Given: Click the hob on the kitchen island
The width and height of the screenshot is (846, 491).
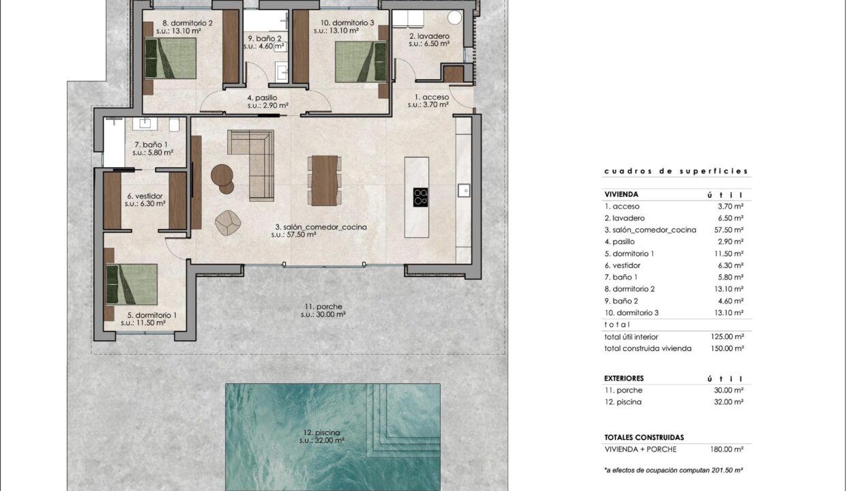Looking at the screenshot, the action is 420,197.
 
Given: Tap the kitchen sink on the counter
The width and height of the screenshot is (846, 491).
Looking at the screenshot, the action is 464,190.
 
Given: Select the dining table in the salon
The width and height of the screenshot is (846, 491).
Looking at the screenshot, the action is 325,181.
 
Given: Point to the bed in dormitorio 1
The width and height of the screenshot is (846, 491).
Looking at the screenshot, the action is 132,284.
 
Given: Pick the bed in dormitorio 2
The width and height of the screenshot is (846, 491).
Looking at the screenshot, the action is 171,58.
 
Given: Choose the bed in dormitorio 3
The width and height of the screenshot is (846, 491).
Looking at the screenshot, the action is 361,61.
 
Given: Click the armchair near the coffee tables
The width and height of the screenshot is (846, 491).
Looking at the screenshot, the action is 228,223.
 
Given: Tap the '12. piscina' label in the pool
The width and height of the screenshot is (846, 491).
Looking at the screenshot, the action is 322,432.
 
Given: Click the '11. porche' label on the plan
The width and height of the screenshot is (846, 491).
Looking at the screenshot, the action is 323,306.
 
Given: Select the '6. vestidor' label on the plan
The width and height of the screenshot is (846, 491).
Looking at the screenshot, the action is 145,196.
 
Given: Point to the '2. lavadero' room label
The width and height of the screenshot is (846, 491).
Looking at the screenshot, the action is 429,36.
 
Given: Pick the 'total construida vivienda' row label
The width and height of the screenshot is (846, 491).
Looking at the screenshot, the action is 647,348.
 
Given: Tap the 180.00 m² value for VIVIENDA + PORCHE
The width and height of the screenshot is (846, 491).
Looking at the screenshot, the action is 727,449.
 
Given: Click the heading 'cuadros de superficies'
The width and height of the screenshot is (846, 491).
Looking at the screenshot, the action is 676,171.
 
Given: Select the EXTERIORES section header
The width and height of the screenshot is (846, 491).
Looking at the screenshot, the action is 624,378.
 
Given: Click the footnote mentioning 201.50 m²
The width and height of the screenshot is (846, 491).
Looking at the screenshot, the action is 674,471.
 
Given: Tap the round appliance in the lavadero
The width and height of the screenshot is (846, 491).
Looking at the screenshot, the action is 454,17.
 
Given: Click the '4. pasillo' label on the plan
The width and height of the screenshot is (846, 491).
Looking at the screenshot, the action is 262,98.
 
